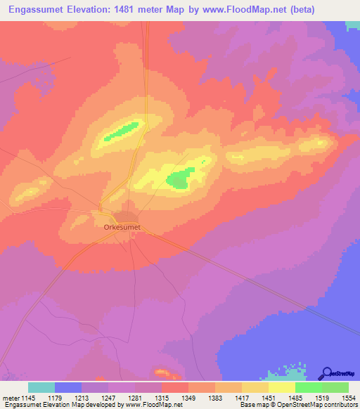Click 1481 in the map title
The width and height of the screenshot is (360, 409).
134,10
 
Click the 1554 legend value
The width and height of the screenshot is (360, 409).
349,397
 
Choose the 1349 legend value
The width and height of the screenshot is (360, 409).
188,397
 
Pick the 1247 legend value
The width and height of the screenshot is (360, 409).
108,397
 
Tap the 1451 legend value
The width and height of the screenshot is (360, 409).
269,397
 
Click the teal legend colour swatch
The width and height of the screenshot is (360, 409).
41,387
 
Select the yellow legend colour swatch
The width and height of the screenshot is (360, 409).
281,387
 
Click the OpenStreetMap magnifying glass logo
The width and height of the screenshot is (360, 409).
326,373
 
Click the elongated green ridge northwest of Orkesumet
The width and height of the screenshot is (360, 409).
122,131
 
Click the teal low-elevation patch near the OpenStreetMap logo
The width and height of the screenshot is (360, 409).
291,370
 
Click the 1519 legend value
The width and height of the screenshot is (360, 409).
323,397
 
